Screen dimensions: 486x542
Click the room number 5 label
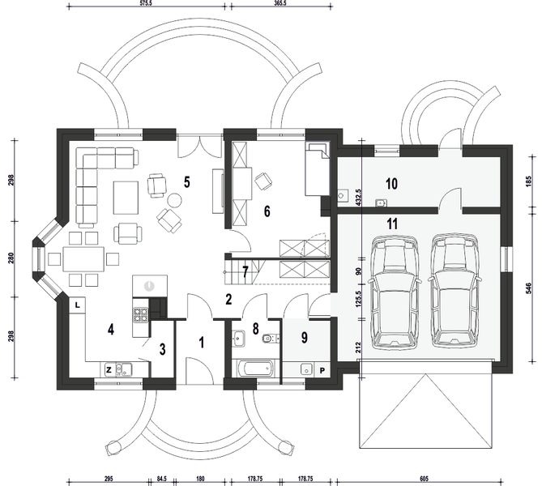(186, 181)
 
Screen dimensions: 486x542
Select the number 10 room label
(391, 184)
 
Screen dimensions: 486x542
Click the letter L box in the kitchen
(75, 305)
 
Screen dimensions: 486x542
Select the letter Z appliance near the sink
(108, 369)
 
